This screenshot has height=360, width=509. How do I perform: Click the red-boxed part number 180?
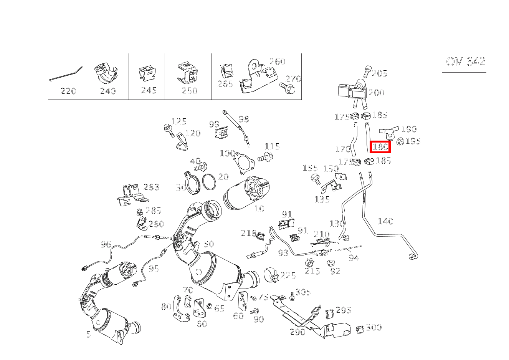tap(380, 147)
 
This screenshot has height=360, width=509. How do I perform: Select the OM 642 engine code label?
tap(465, 62)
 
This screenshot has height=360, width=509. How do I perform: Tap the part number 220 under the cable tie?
tap(68, 91)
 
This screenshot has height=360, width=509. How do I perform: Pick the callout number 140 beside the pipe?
tap(385, 221)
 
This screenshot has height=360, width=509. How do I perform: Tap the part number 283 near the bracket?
tap(151, 187)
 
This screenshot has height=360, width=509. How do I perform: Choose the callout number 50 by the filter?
tap(208, 244)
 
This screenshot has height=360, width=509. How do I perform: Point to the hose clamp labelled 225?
tap(271, 274)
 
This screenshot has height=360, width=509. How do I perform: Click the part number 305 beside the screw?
tap(303, 292)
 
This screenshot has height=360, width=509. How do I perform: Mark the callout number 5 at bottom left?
tap(89, 335)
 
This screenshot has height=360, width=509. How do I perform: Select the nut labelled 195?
tap(400, 142)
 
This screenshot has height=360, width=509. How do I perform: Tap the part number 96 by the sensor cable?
tap(106, 244)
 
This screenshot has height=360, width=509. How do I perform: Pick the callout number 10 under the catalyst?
tap(259, 209)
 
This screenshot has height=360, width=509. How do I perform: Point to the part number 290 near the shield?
tap(297, 332)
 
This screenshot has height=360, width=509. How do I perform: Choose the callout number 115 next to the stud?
tap(272, 146)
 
